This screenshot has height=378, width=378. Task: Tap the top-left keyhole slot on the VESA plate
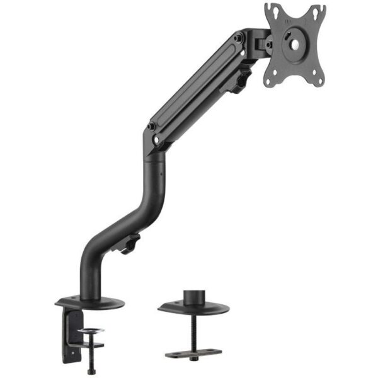(274, 11)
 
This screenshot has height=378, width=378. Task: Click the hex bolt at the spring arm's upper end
(238, 38)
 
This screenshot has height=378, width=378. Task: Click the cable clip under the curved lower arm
(130, 243)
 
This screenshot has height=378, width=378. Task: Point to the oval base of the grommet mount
(193, 308)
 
